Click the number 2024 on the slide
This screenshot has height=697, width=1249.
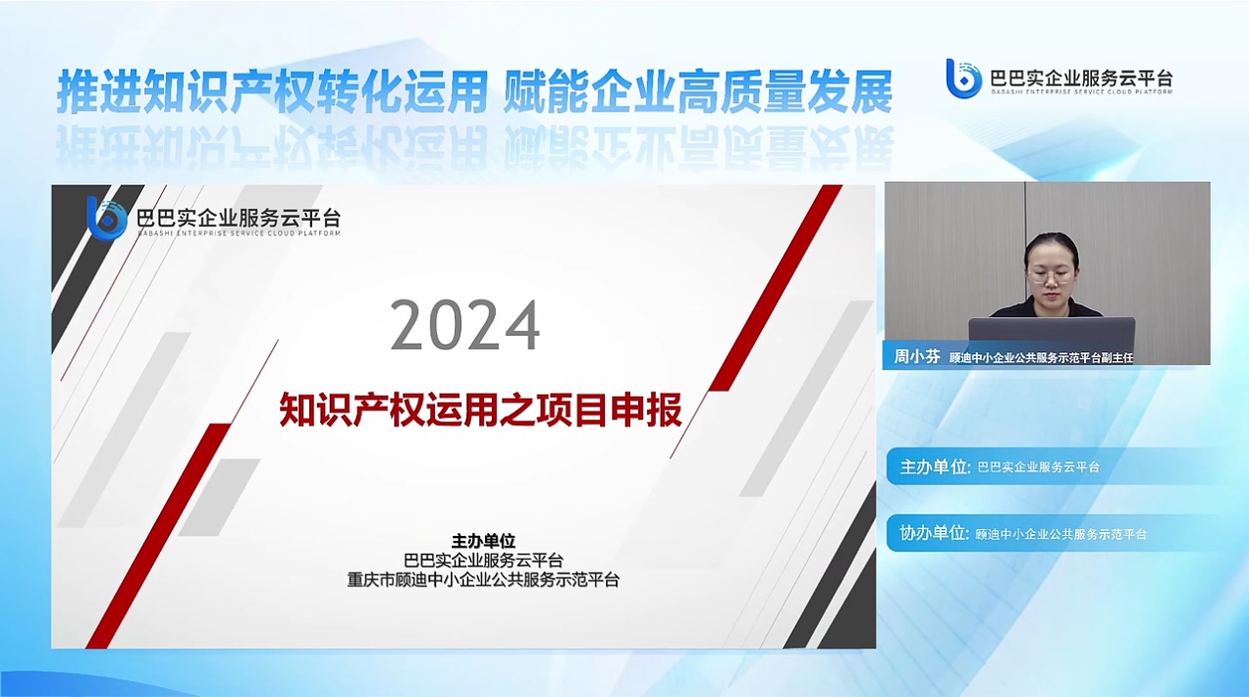coord(465,325)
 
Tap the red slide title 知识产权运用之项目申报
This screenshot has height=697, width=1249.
coord(480,409)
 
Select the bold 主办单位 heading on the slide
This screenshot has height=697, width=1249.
coord(483,540)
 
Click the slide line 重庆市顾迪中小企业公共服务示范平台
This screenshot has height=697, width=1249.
coord(483,580)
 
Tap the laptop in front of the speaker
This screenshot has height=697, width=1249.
coord(1052,334)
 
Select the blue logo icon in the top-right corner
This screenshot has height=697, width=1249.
coord(963,79)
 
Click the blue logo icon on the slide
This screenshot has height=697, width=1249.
coord(106,218)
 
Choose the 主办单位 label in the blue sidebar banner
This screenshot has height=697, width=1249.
coord(935,466)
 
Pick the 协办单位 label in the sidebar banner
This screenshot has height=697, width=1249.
coord(934,534)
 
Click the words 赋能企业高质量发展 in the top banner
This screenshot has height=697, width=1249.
coord(698,91)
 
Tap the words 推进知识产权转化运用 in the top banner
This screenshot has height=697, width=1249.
coord(273,91)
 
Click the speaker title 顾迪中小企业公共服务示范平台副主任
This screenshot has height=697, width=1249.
coord(1041,358)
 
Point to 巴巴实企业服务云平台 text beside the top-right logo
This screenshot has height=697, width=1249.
coord(1082,78)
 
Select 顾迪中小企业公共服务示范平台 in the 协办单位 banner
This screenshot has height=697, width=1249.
coord(1060,534)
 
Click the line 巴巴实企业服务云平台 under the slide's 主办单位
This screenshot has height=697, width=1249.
coord(483,560)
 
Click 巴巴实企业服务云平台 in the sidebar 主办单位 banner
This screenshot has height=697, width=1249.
coord(1038,467)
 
